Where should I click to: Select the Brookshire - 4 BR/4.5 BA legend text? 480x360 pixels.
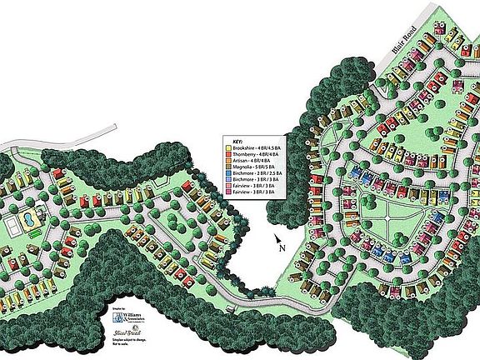(257, 149)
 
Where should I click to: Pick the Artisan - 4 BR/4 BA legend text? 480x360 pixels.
(252, 162)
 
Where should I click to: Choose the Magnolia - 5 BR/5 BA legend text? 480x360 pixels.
(253, 169)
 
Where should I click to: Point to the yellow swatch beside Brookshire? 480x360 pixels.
(228, 149)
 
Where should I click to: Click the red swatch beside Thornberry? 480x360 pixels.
(228, 156)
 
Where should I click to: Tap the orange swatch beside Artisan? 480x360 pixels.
(228, 162)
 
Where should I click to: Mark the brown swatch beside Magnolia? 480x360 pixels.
(228, 169)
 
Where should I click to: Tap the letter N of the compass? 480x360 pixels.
(284, 248)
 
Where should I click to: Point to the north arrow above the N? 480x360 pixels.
(278, 240)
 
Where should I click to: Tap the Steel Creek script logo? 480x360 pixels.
(119, 334)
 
